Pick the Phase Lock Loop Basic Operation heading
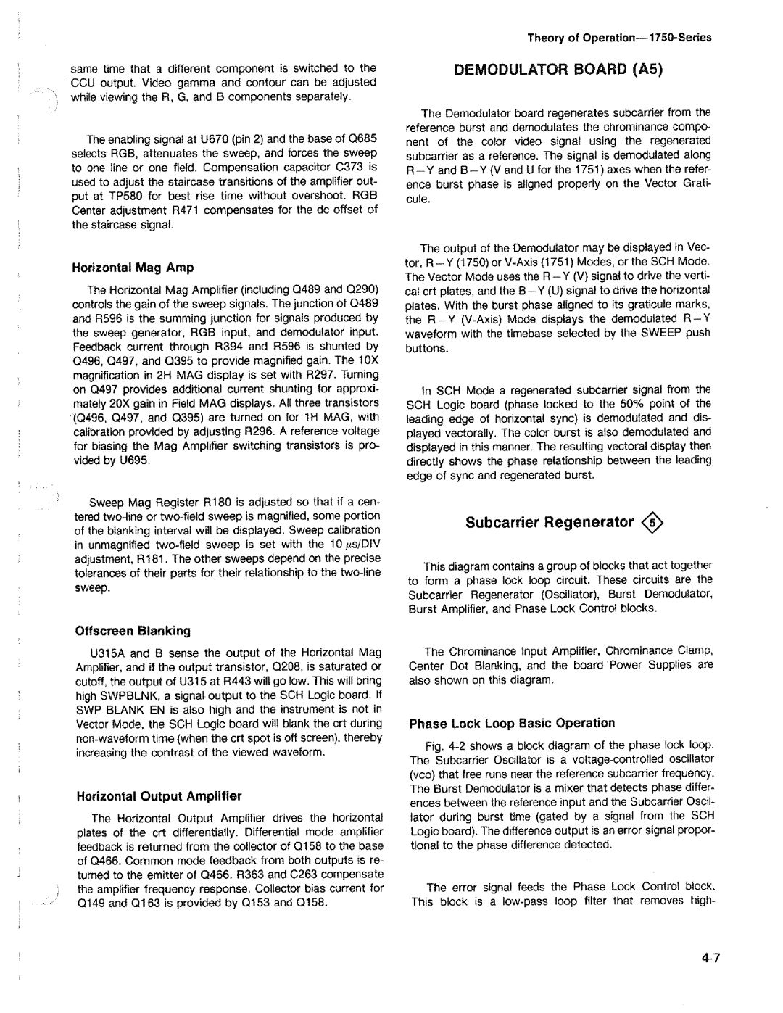512,723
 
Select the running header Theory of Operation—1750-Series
619,38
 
